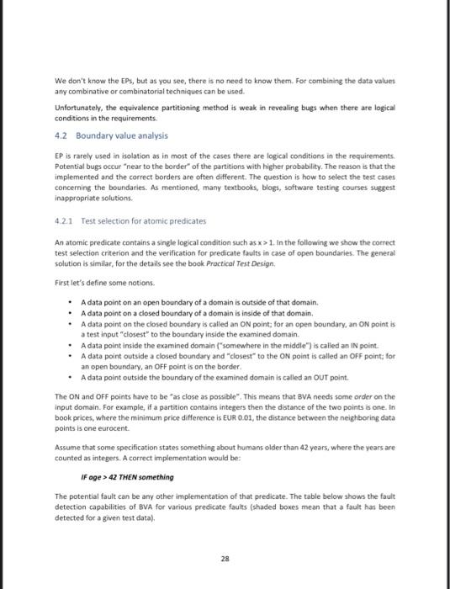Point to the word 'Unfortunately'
coord(78,109)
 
